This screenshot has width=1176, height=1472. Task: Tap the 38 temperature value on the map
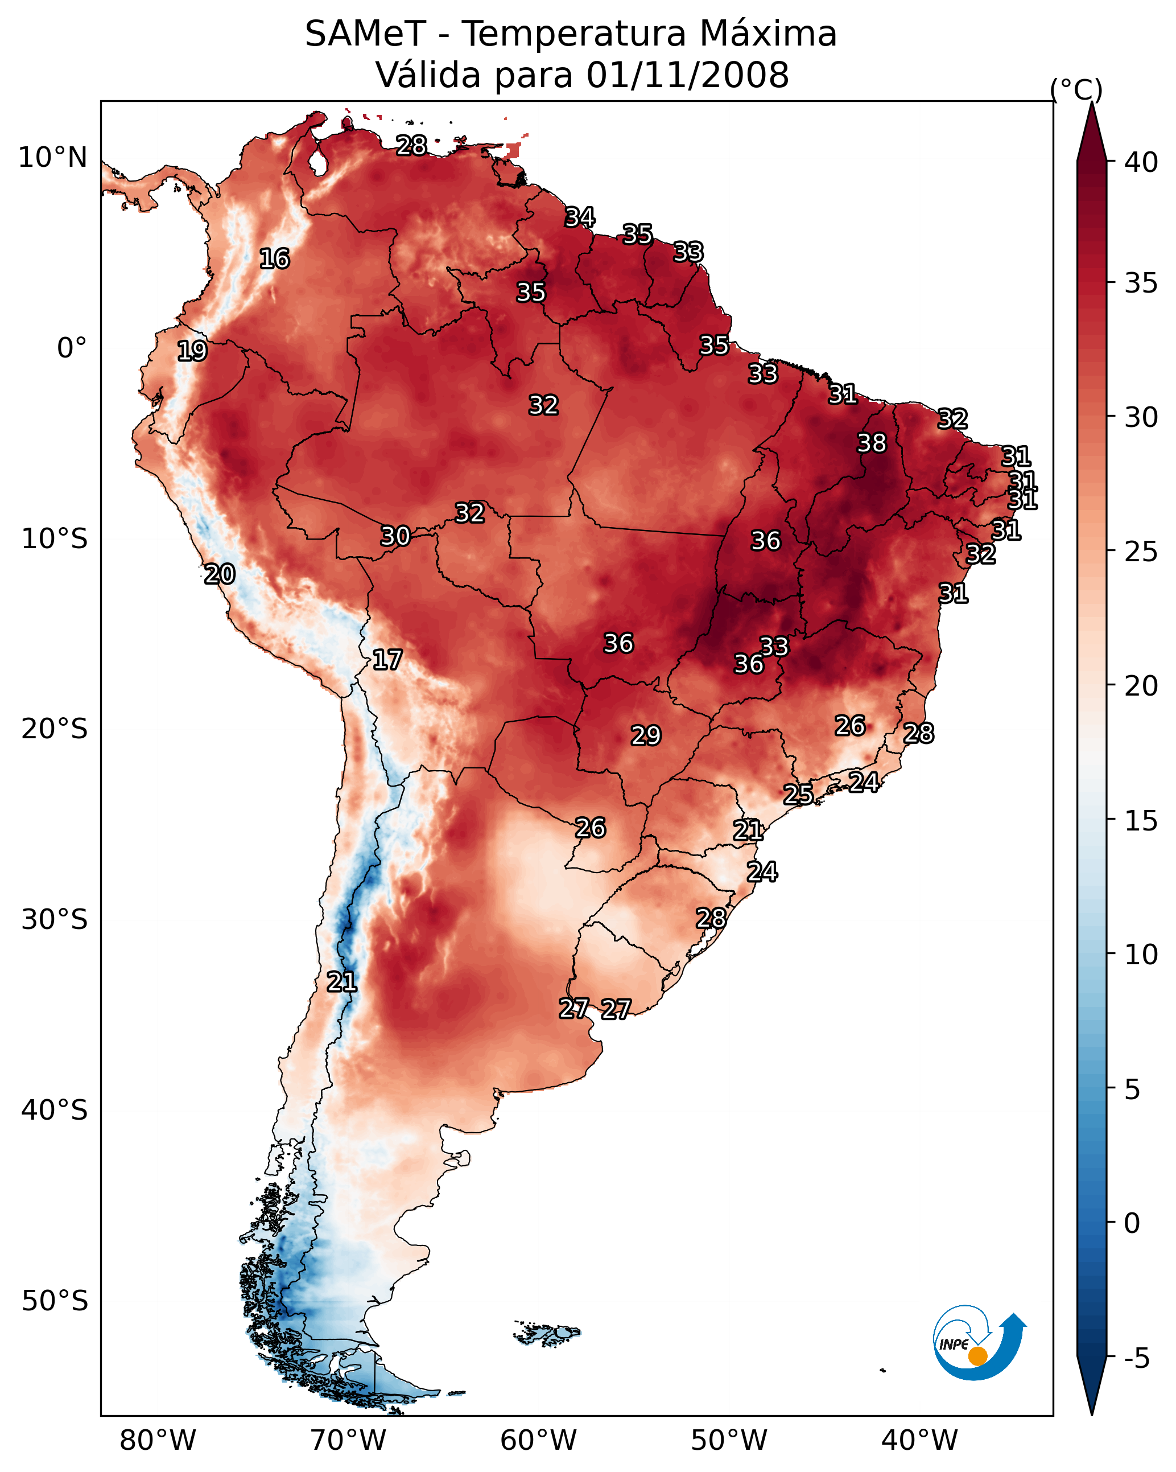[x=872, y=443]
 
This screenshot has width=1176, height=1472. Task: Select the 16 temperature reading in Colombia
[x=274, y=259]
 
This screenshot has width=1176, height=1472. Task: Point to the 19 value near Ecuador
[x=192, y=351]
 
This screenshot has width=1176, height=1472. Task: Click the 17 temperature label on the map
[x=387, y=660]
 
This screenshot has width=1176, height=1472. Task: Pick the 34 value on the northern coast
[x=580, y=217]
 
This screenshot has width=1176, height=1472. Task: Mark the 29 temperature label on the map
[x=646, y=735]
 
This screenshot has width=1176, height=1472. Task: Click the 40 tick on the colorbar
[x=1141, y=162]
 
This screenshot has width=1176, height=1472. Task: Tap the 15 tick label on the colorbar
[x=1141, y=821]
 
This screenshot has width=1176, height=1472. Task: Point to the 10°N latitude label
[x=52, y=158]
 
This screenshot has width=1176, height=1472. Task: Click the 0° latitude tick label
[x=72, y=348]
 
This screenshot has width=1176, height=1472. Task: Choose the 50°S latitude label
[x=55, y=1301]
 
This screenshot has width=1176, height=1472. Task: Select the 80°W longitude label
[x=158, y=1440]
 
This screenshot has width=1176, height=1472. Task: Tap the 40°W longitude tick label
[x=919, y=1440]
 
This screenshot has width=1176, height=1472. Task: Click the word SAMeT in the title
[x=365, y=34]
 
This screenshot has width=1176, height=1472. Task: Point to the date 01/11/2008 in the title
[x=687, y=75]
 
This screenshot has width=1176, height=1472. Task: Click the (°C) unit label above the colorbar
[x=1076, y=89]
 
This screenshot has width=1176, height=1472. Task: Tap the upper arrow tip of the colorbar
[x=1091, y=106]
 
